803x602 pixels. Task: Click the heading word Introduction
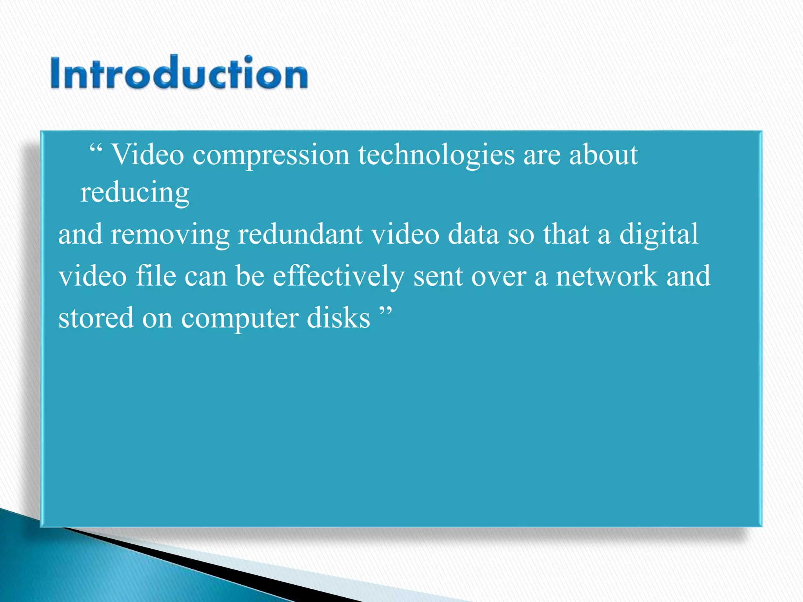pyautogui.click(x=179, y=73)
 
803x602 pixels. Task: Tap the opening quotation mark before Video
pyautogui.click(x=96, y=149)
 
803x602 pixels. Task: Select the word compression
pyautogui.click(x=271, y=155)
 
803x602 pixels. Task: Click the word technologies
pyautogui.click(x=436, y=155)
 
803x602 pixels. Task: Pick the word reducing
pyautogui.click(x=135, y=193)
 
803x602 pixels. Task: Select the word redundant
pyautogui.click(x=300, y=234)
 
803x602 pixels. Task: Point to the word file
pyautogui.click(x=156, y=276)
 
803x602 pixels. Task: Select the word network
pyautogui.click(x=606, y=276)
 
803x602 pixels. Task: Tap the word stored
pyautogui.click(x=96, y=318)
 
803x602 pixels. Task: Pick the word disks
pyautogui.click(x=338, y=318)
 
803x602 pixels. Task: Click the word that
pyautogui.click(x=566, y=234)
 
